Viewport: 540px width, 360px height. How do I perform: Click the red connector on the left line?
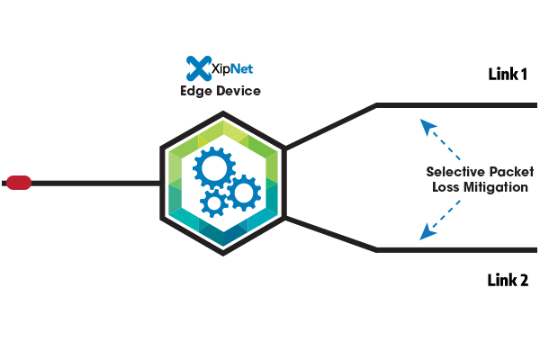pyautogui.click(x=19, y=183)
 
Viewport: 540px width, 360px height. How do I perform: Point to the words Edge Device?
pyautogui.click(x=220, y=91)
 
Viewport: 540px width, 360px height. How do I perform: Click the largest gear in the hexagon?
pyautogui.click(x=213, y=168)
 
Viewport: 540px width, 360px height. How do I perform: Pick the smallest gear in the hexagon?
pyautogui.click(x=214, y=203)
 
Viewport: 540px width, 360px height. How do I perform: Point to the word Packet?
pyautogui.click(x=505, y=172)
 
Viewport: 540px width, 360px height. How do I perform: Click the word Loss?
pyautogui.click(x=438, y=188)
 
